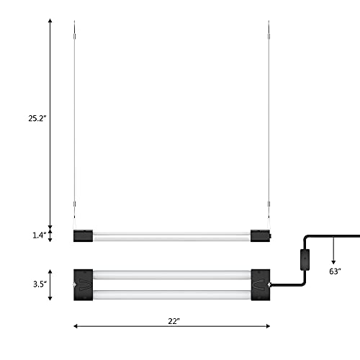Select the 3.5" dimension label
[x=40, y=284]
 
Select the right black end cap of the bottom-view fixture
[x=261, y=284]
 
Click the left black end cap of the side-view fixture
[x=82, y=235]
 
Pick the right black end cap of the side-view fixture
[x=261, y=235]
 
